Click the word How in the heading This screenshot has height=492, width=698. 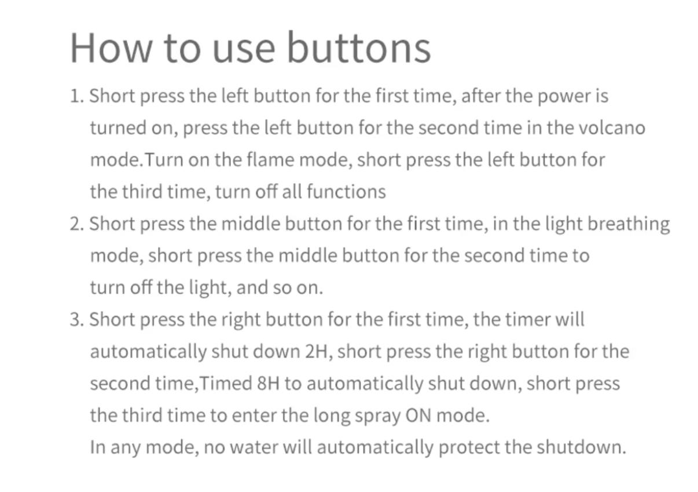click(x=111, y=48)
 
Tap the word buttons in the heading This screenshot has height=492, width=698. click(x=359, y=47)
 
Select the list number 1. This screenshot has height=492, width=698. click(x=76, y=96)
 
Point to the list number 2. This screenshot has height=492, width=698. click(x=76, y=224)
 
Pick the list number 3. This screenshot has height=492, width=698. click(x=76, y=319)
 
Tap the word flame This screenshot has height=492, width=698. click(x=270, y=159)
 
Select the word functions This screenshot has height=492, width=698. click(x=346, y=191)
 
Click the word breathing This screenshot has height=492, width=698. click(x=629, y=224)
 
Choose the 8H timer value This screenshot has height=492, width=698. click(x=268, y=384)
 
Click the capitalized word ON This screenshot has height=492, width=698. click(x=418, y=416)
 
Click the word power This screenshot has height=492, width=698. click(x=564, y=96)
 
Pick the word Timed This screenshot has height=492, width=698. click(x=226, y=383)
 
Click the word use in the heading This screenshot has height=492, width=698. click(x=244, y=51)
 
